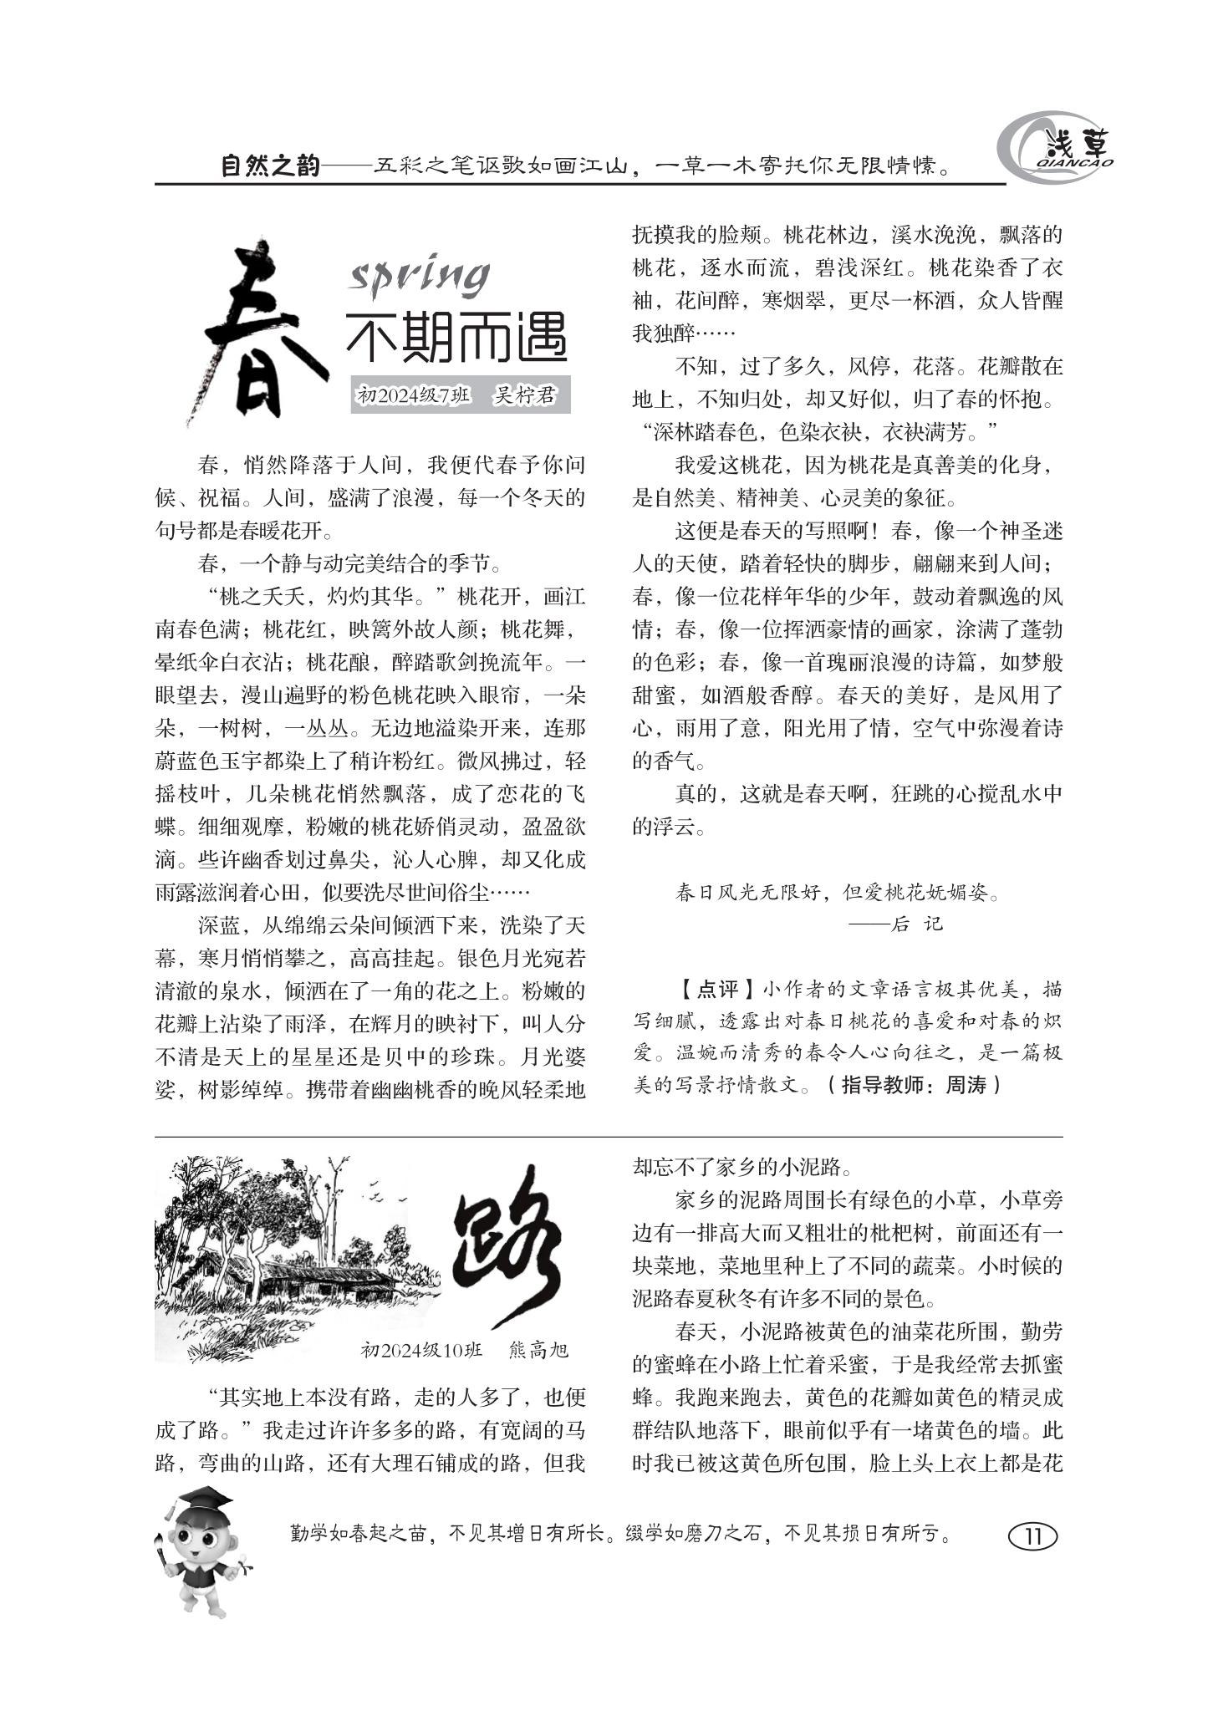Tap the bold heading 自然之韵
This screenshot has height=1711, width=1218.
coord(270,166)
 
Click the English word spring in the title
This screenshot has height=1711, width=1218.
coord(418,275)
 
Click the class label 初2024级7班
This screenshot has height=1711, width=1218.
coord(413,395)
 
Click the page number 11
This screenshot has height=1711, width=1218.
coord(1032,1535)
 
